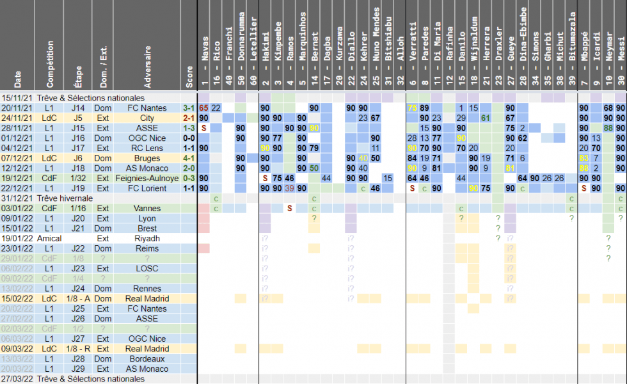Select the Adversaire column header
pyautogui.click(x=148, y=67)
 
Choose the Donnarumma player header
pyautogui.click(x=241, y=45)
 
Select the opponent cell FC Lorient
pyautogui.click(x=148, y=188)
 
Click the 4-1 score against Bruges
pyautogui.click(x=189, y=158)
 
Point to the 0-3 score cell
pyautogui.click(x=189, y=178)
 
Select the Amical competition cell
pyautogui.click(x=49, y=238)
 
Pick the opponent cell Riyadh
pyautogui.click(x=148, y=238)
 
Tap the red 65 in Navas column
pyautogui.click(x=203, y=108)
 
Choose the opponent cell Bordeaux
pyautogui.click(x=148, y=358)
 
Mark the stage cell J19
pyautogui.click(x=78, y=188)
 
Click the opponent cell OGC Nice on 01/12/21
pyautogui.click(x=148, y=138)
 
